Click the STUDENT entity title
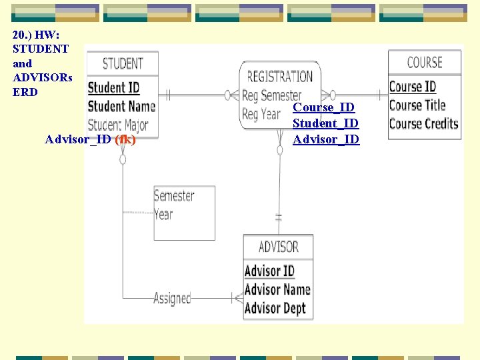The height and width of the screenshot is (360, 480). (x=123, y=63)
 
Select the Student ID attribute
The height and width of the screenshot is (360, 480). (x=113, y=87)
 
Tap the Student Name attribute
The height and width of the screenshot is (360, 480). (x=121, y=106)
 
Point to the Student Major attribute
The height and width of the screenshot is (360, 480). (x=118, y=125)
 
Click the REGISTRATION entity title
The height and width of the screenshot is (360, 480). (x=279, y=77)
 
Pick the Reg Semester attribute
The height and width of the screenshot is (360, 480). (x=271, y=95)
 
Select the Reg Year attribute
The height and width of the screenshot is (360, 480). (x=261, y=114)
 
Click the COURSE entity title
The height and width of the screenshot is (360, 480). (x=425, y=63)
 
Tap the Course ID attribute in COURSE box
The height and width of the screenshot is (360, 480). (x=412, y=87)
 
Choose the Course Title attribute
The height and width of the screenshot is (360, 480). (x=417, y=105)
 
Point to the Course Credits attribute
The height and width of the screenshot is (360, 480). (x=423, y=123)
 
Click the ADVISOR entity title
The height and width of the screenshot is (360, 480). (x=278, y=247)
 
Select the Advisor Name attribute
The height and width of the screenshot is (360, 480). (x=277, y=289)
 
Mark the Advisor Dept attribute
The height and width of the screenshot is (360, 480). (x=275, y=308)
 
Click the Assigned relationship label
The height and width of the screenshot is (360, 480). (x=172, y=298)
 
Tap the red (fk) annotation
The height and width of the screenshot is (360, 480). (x=125, y=139)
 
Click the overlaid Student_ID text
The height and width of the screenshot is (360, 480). (x=326, y=123)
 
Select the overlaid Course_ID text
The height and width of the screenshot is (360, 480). (x=324, y=107)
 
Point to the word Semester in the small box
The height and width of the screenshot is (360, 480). (x=174, y=196)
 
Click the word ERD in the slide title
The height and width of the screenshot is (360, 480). (x=25, y=92)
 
